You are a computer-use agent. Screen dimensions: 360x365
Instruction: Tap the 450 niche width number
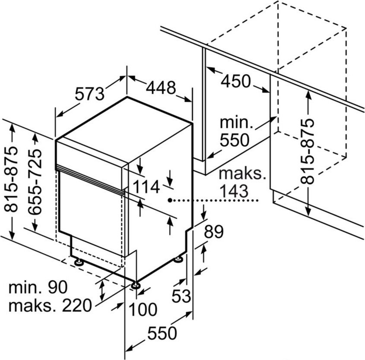pyautogui.click(x=236, y=81)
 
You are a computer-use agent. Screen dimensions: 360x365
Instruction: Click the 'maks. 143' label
pyautogui.click(x=240, y=182)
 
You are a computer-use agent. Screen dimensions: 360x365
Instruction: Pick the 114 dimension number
pyautogui.click(x=146, y=187)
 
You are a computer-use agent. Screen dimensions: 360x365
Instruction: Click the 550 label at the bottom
pyautogui.click(x=162, y=333)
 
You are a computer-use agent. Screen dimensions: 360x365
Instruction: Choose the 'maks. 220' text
pyautogui.click(x=51, y=306)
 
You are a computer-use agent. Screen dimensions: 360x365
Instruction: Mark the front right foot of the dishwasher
pyautogui.click(x=136, y=285)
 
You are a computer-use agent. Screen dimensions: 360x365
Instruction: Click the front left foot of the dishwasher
pyautogui.click(x=79, y=262)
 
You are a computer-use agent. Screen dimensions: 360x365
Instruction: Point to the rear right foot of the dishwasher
pyautogui.click(x=178, y=259)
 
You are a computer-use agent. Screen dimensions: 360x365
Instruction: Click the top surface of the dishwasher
pyautogui.click(x=125, y=125)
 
